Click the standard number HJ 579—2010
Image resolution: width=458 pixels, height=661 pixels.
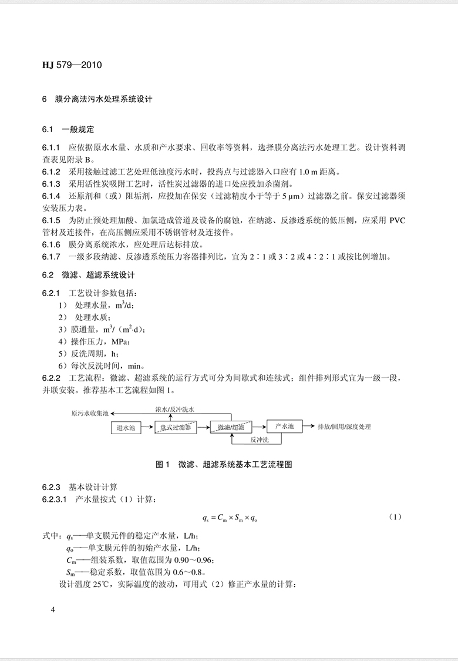coord(72,65)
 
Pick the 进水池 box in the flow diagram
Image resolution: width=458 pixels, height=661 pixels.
coord(124,428)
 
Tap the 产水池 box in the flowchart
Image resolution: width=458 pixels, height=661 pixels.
coord(287,426)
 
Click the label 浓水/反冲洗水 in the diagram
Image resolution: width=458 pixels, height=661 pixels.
coord(174,408)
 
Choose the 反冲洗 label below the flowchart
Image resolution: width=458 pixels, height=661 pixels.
coord(260,439)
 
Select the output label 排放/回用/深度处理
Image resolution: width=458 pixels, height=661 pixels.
coord(343,427)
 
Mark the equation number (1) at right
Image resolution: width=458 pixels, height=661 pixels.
coord(395,516)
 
